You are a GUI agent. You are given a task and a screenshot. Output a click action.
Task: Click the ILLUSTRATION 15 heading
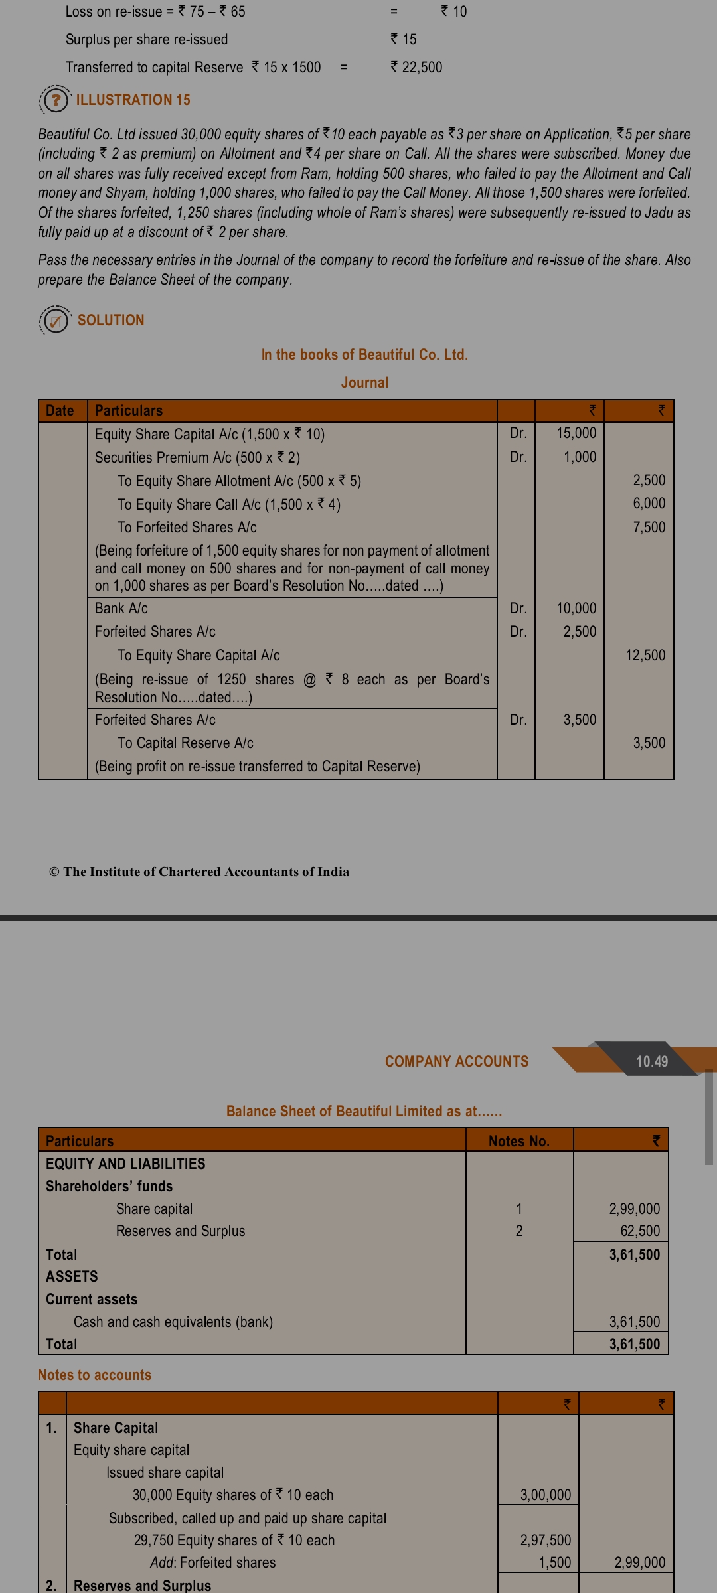pyautogui.click(x=133, y=100)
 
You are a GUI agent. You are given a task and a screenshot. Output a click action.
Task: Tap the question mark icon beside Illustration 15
pyautogui.click(x=56, y=100)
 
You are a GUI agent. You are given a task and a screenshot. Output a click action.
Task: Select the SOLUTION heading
pyautogui.click(x=111, y=320)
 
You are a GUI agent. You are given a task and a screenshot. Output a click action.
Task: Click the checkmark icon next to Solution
pyautogui.click(x=56, y=321)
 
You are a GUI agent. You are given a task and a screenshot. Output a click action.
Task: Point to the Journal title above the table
pyautogui.click(x=364, y=382)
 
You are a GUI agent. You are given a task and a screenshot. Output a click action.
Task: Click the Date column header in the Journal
pyautogui.click(x=60, y=410)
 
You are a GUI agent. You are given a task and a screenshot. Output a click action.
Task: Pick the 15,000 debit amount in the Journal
pyautogui.click(x=576, y=433)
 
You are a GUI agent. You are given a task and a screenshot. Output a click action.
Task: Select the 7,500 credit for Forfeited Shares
pyautogui.click(x=649, y=527)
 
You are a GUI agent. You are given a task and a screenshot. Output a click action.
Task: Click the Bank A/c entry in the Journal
pyautogui.click(x=121, y=608)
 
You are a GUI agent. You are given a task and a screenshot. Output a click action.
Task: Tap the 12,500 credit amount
pyautogui.click(x=645, y=655)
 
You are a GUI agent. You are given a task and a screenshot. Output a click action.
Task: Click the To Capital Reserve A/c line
pyautogui.click(x=185, y=743)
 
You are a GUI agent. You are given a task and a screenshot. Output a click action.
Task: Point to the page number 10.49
pyautogui.click(x=651, y=1061)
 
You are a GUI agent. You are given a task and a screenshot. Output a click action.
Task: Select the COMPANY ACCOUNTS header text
pyautogui.click(x=457, y=1061)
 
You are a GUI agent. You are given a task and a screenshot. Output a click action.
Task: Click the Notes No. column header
pyautogui.click(x=518, y=1141)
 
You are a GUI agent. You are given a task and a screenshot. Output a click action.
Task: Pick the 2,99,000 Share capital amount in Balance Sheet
pyautogui.click(x=634, y=1209)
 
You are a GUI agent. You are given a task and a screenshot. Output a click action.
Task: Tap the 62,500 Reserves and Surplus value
pyautogui.click(x=640, y=1231)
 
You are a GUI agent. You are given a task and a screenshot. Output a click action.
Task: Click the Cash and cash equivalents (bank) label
pyautogui.click(x=173, y=1322)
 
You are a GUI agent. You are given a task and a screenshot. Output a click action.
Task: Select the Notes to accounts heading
pyautogui.click(x=94, y=1375)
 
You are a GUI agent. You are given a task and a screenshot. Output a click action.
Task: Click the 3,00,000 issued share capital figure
pyautogui.click(x=545, y=1495)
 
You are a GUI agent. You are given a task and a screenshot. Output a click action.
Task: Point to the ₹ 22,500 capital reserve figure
pyautogui.click(x=416, y=67)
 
